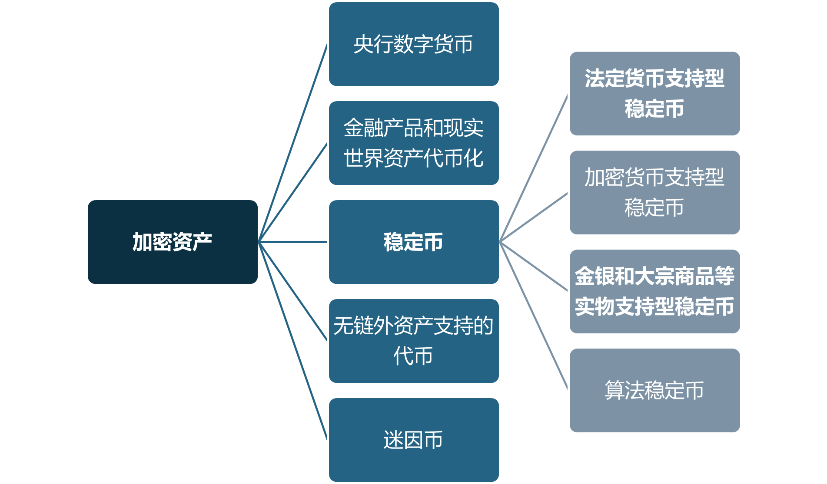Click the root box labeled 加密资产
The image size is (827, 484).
pyautogui.click(x=173, y=242)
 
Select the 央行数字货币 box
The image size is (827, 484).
pyautogui.click(x=413, y=44)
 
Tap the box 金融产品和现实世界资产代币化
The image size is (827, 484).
pyautogui.click(x=413, y=143)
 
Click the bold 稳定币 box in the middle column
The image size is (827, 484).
pyautogui.click(x=413, y=242)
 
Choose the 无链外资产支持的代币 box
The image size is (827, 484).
pyautogui.click(x=413, y=341)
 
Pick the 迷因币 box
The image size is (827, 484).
pyautogui.click(x=413, y=440)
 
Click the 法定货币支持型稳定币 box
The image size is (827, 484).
pyautogui.click(x=654, y=93)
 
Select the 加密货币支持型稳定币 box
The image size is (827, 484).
pyautogui.click(x=654, y=192)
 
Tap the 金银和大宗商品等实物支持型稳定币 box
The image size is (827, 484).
pyautogui.click(x=654, y=291)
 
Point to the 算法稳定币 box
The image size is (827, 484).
pyautogui.click(x=654, y=390)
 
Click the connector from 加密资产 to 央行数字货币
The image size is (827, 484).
pyautogui.click(x=293, y=143)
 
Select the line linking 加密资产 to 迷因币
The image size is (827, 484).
pyautogui.click(x=293, y=341)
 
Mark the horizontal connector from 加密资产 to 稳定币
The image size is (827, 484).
pyautogui.click(x=293, y=242)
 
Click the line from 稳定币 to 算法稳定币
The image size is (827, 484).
pyautogui.click(x=534, y=316)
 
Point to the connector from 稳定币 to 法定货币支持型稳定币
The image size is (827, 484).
pyautogui.click(x=534, y=168)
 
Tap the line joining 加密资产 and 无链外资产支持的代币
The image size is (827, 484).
pyautogui.click(x=293, y=291)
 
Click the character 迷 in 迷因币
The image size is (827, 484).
pyautogui.click(x=393, y=440)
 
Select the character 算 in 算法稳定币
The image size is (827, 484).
pyautogui.click(x=614, y=390)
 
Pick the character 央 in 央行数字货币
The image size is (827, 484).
pyautogui.click(x=363, y=44)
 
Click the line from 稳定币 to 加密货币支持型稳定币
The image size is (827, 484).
pyautogui.click(x=534, y=217)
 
